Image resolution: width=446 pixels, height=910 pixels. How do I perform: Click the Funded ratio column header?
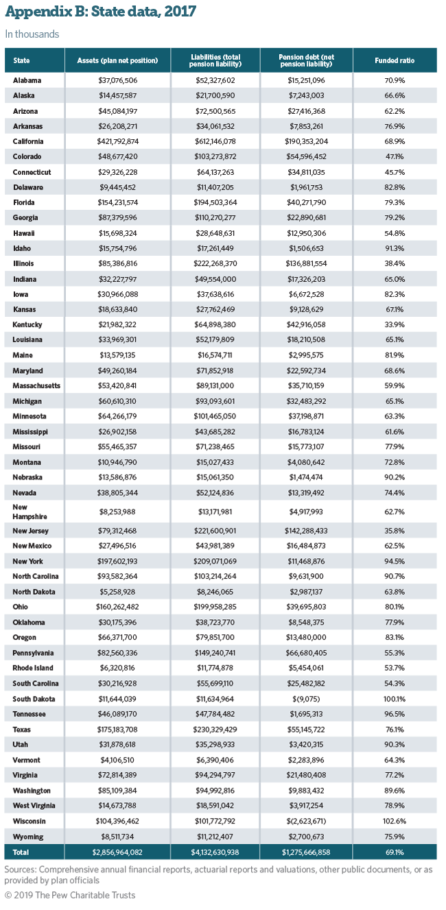tap(395, 60)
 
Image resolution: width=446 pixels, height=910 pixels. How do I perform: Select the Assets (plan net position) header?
tap(117, 60)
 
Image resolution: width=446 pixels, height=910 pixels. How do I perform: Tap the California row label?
tap(28, 141)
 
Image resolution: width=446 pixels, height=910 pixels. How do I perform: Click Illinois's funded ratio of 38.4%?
tap(395, 263)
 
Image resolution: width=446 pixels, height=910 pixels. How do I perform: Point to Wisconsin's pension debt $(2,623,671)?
tap(306, 821)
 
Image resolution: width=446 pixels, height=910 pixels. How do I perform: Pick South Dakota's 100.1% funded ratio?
tap(395, 699)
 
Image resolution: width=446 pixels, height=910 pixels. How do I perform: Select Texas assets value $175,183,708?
tap(117, 729)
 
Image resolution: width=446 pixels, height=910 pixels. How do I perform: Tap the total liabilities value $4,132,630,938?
tap(215, 852)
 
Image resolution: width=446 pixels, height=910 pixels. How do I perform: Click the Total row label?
tap(21, 852)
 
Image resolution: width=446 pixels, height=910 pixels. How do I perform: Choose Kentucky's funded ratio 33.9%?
tap(395, 324)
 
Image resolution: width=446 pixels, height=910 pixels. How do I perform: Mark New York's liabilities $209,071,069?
tap(215, 561)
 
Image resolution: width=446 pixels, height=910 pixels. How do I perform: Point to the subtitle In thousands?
tap(32, 34)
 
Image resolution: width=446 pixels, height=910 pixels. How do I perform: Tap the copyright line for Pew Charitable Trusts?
tap(70, 895)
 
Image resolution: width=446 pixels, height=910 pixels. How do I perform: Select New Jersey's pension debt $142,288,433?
tap(306, 531)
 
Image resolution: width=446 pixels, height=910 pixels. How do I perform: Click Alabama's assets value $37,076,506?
tap(117, 80)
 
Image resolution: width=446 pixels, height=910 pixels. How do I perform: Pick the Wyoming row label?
tap(28, 837)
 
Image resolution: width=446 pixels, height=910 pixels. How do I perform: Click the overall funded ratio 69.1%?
tap(395, 852)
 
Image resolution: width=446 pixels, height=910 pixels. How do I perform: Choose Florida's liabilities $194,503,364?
tap(215, 202)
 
